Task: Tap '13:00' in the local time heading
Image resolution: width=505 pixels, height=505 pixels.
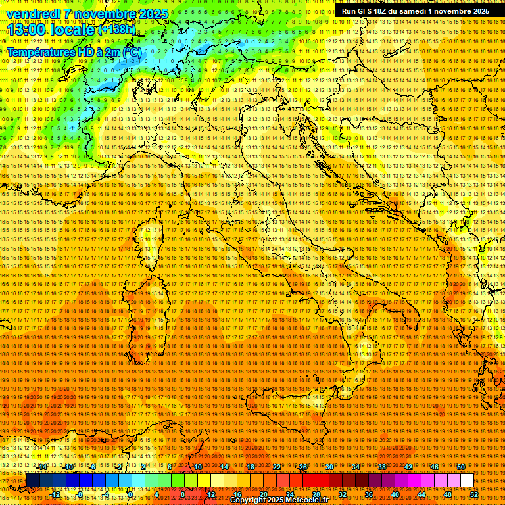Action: (x=26, y=29)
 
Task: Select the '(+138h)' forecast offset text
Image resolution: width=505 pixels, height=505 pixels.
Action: (x=116, y=29)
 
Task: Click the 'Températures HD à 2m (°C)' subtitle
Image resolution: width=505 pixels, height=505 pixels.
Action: (x=73, y=51)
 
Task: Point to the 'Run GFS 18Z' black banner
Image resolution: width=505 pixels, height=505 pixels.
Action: (x=415, y=11)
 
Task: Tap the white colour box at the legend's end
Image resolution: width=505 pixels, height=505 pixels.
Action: (x=467, y=481)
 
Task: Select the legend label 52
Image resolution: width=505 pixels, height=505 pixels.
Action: (x=473, y=494)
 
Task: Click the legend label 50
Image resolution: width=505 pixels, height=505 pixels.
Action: (x=461, y=467)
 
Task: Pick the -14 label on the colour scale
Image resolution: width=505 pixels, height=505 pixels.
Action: (x=42, y=467)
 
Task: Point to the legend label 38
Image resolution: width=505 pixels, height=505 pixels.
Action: (x=382, y=467)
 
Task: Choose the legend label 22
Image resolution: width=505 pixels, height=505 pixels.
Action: (x=277, y=467)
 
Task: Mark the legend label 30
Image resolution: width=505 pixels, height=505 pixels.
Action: (x=329, y=467)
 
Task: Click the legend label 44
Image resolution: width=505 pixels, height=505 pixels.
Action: (x=421, y=494)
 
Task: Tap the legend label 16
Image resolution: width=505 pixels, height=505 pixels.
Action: (x=237, y=494)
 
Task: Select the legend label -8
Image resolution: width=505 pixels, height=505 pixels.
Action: (x=80, y=494)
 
